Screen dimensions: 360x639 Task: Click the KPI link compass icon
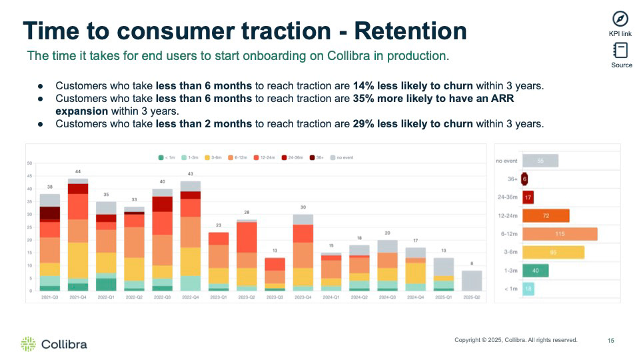click(x=620, y=19)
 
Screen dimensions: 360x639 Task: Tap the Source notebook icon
click(x=621, y=51)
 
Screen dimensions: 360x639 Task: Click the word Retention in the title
click(x=410, y=31)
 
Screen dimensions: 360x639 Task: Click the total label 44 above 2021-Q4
click(x=77, y=172)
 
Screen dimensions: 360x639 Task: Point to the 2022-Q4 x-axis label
click(x=190, y=297)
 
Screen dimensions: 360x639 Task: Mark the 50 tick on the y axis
click(x=30, y=163)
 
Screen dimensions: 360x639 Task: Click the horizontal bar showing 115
click(x=559, y=234)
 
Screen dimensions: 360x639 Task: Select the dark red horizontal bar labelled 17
click(x=528, y=197)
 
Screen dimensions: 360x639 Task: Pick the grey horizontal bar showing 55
click(x=540, y=161)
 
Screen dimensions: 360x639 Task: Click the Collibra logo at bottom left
click(x=54, y=344)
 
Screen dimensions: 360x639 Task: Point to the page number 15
click(x=611, y=341)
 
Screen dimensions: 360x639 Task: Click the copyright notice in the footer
click(x=516, y=341)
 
